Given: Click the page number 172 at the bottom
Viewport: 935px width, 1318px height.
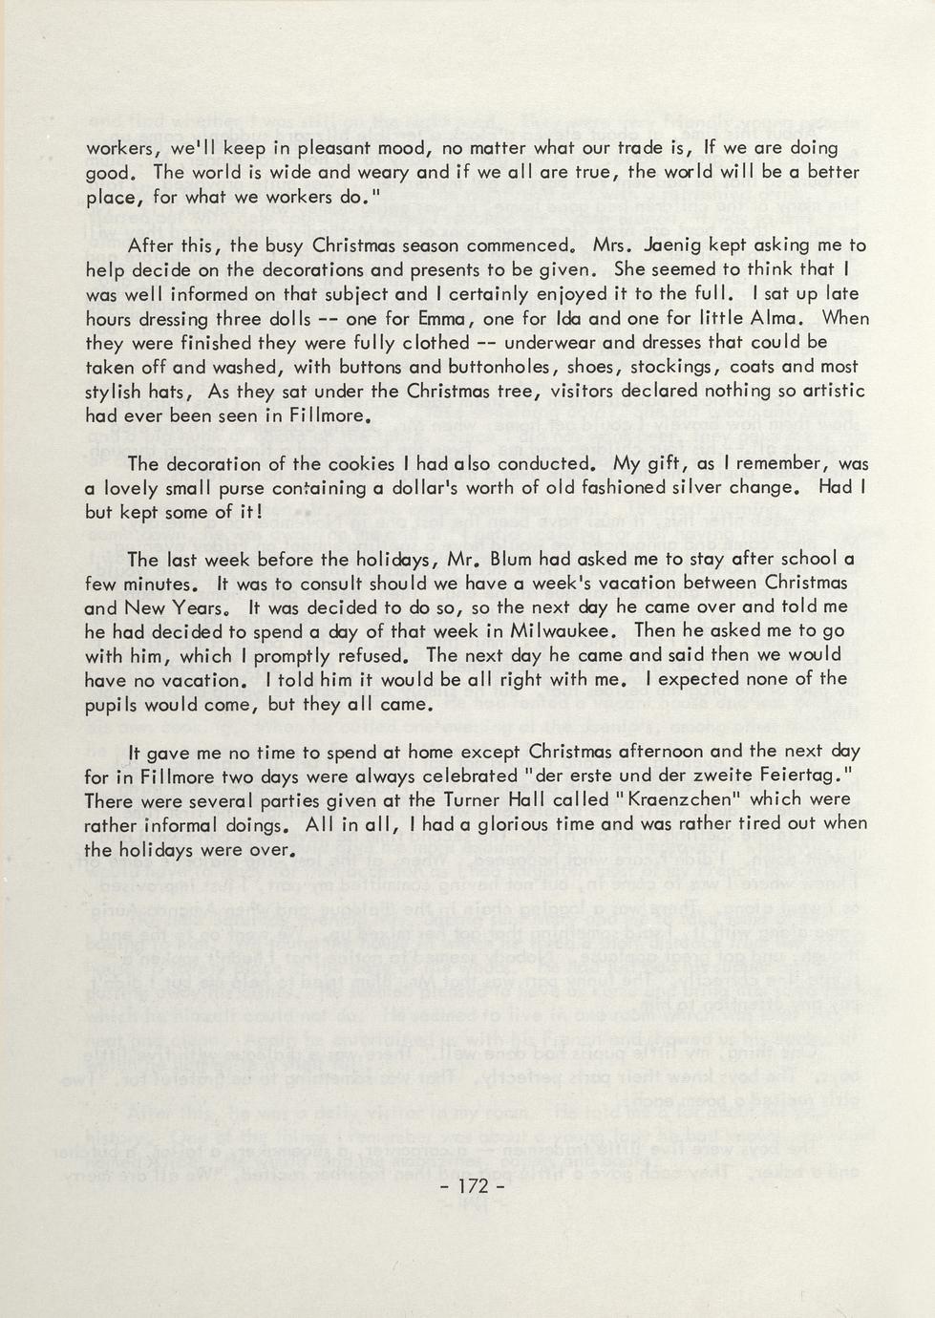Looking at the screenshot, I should (x=474, y=1186).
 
